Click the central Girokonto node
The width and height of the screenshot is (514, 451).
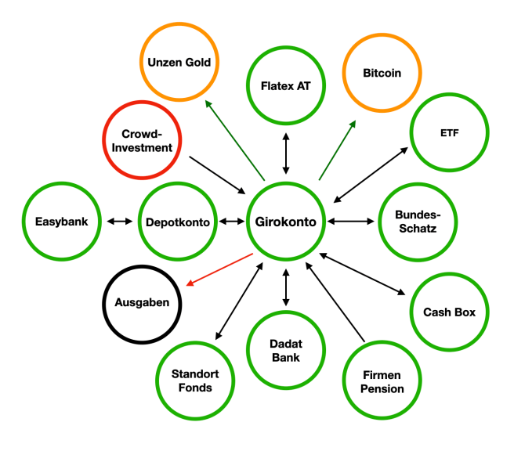tap(286, 222)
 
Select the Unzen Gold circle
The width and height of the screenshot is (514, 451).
tap(179, 62)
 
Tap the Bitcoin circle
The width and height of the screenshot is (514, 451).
tap(382, 73)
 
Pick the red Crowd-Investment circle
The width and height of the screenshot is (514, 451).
tap(142, 140)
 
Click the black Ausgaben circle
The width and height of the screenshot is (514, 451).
tap(142, 301)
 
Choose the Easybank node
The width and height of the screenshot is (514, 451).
tap(62, 222)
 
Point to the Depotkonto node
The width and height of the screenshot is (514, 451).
tap(178, 222)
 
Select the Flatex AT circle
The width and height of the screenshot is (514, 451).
tap(285, 85)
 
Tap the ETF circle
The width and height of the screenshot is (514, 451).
tap(449, 132)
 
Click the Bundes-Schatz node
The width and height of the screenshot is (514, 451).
tap(415, 222)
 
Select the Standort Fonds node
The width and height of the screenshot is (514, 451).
tap(194, 381)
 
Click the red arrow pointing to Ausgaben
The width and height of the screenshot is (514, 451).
tap(220, 269)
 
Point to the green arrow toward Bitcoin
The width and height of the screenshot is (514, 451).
tap(338, 150)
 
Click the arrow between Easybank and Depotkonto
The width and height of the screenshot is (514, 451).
tap(120, 222)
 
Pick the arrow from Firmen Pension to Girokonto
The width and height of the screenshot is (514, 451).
tap(335, 301)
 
